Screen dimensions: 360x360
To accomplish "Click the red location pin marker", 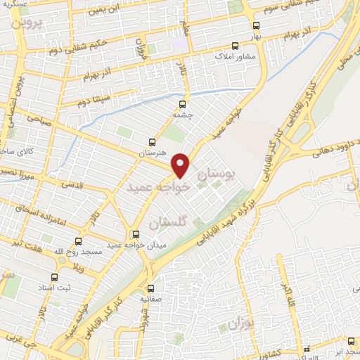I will [181, 165].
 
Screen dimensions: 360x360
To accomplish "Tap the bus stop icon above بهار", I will [256, 25].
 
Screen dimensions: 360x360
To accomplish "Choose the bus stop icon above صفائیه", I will [150, 288].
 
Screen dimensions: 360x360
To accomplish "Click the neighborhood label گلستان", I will [169, 222].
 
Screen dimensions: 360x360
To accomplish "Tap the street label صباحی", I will [39, 120].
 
